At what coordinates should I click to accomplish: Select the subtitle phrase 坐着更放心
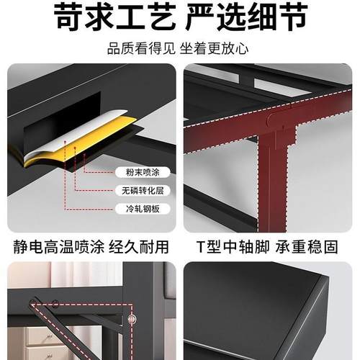[220, 50]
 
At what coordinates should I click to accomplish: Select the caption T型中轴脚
[227, 247]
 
